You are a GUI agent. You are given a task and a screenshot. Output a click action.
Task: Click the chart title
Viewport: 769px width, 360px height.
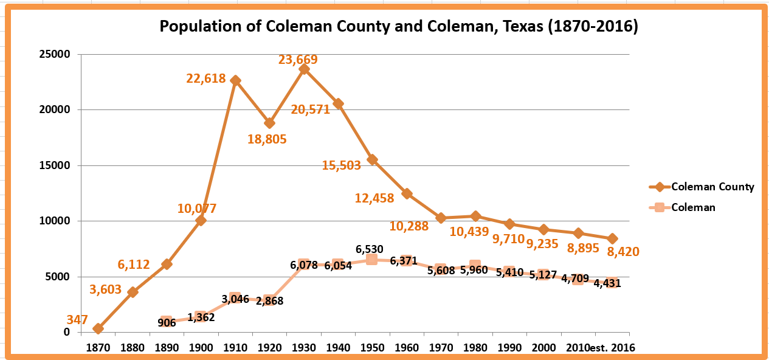pyautogui.click(x=398, y=27)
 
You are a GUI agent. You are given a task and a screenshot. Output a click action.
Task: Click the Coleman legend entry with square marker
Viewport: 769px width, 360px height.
pyautogui.click(x=693, y=207)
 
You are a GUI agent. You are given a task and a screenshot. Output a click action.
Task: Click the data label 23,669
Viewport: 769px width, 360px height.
pyautogui.click(x=298, y=60)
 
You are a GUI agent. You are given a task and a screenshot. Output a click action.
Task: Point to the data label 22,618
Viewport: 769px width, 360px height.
pyautogui.click(x=205, y=78)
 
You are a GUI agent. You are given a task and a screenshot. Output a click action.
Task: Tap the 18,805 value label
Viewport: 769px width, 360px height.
pyautogui.click(x=266, y=139)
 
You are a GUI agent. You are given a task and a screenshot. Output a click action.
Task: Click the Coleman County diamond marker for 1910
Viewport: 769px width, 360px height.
pyautogui.click(x=235, y=81)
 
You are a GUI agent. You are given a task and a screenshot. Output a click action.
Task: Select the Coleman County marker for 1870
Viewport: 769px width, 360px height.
pyautogui.click(x=98, y=328)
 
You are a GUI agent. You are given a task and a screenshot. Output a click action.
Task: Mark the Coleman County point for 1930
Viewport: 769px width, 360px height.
pyautogui.click(x=304, y=69)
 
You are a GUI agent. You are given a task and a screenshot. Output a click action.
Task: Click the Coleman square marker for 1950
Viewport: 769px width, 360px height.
pyautogui.click(x=372, y=260)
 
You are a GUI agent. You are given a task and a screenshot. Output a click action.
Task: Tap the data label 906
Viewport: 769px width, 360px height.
pyautogui.click(x=167, y=323)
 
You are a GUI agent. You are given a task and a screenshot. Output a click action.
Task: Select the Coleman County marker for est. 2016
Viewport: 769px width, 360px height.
pyautogui.click(x=612, y=238)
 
